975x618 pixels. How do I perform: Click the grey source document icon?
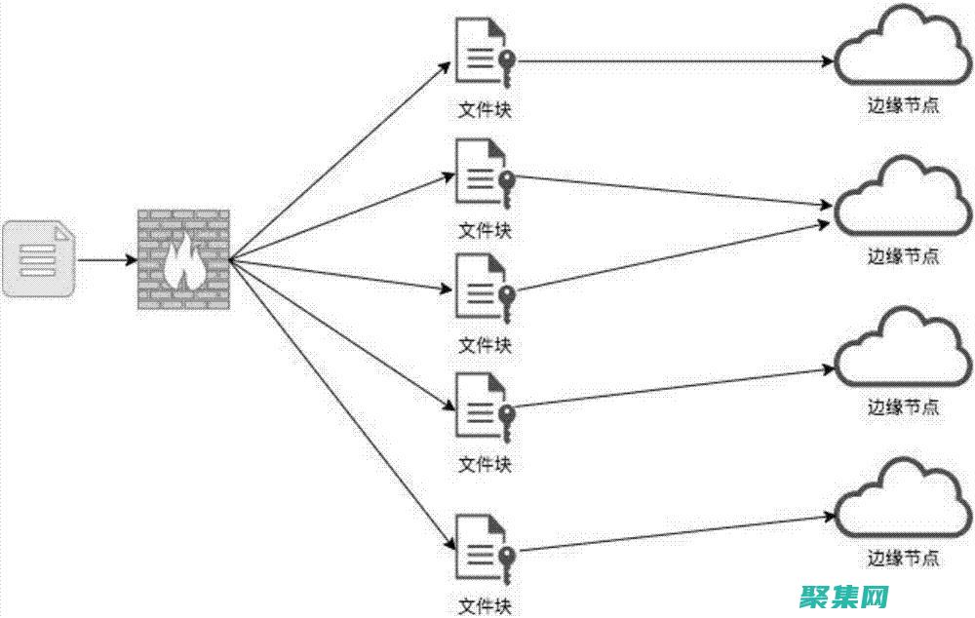[39, 258]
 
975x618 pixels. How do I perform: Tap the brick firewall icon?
[183, 259]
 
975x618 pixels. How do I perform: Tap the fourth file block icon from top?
[480, 406]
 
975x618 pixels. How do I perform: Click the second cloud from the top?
[903, 201]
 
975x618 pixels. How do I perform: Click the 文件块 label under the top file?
[485, 110]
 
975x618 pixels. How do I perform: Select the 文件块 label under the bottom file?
[485, 606]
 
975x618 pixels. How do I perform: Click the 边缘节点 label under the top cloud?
[904, 106]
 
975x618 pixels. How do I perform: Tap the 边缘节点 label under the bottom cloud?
[904, 559]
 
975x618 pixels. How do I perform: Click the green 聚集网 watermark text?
[844, 596]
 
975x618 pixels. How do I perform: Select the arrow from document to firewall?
[107, 260]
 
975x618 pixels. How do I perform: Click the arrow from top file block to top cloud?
[673, 61]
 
